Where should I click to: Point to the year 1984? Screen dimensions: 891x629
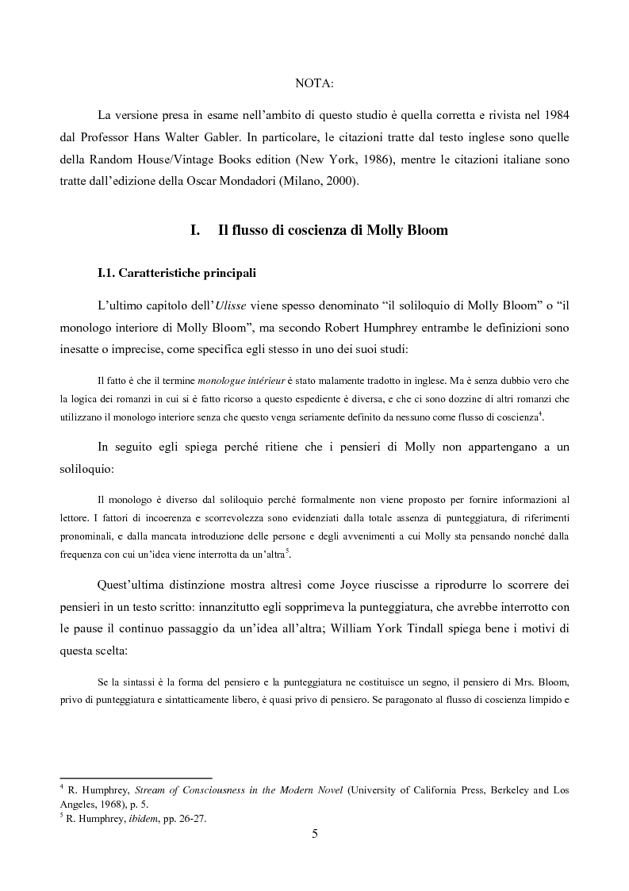[553, 113]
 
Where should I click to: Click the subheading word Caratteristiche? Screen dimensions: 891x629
[157, 274]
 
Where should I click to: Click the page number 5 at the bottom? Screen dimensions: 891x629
[315, 832]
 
